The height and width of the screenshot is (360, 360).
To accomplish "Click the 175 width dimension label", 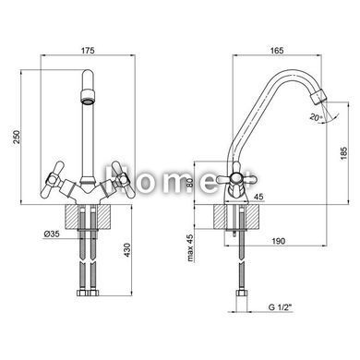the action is click(88, 50).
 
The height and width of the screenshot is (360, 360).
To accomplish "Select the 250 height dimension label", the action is click(17, 137).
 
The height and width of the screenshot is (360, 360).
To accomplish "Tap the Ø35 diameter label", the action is click(52, 234).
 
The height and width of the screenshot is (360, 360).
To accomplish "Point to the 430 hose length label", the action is click(127, 250).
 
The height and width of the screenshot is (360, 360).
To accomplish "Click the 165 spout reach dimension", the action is click(277, 50).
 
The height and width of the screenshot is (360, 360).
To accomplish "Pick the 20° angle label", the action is click(316, 117).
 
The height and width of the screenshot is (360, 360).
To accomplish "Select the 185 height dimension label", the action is click(343, 153).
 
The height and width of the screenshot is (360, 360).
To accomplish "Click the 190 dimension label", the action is click(278, 241).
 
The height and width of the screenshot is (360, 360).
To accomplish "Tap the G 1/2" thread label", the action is click(280, 307).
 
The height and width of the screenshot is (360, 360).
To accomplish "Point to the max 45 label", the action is click(190, 248).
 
